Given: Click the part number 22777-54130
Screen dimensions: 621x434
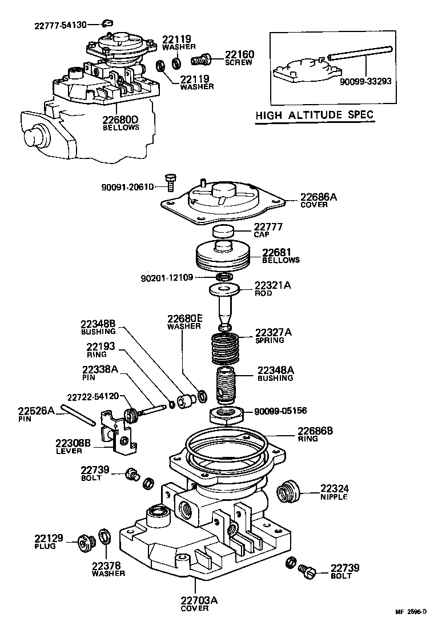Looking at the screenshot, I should coord(61,25).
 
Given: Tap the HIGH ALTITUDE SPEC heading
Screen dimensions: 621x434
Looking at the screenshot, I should coord(314,115).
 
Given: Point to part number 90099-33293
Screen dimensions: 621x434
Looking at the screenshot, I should coord(365,81).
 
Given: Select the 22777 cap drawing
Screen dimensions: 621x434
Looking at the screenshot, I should coord(224,232).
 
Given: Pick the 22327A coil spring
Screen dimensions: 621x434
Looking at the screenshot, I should coord(224,347).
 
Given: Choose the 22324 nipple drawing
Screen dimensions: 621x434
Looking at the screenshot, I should coord(288,492).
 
